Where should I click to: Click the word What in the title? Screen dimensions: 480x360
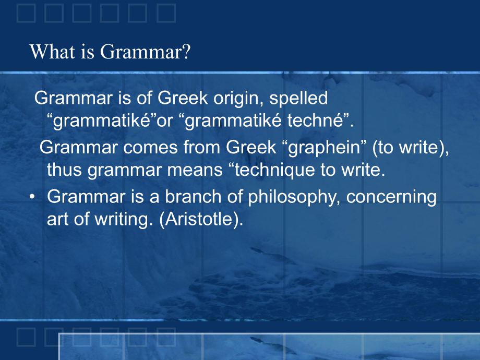(x=52, y=52)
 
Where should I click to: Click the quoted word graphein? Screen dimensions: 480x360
(x=324, y=148)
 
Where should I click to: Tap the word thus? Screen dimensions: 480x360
(x=64, y=170)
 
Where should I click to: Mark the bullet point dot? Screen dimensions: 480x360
(x=32, y=197)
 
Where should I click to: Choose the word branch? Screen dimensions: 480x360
(x=193, y=197)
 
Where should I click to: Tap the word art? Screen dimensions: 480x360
(x=57, y=219)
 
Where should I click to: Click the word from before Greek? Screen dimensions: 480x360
(x=202, y=147)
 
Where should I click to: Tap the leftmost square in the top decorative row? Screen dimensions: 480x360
(x=26, y=14)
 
